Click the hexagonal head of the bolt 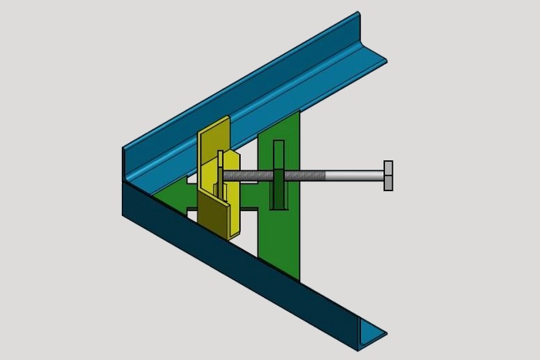[x=388, y=176]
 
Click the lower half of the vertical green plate [x=279, y=243]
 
